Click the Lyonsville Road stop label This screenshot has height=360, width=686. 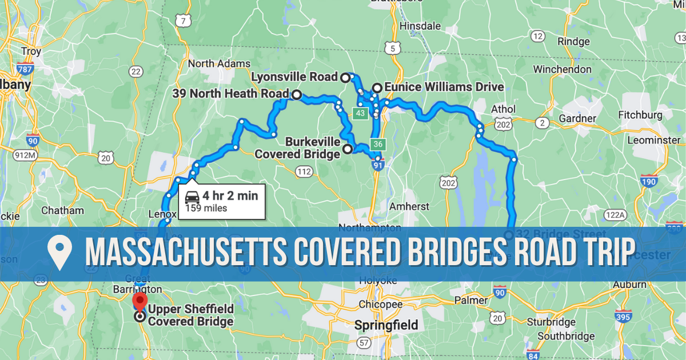click(294, 77)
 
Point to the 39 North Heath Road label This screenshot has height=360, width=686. click(230, 94)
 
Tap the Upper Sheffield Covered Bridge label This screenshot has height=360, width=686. click(191, 315)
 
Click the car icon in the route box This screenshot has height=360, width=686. click(193, 196)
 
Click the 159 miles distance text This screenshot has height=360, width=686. click(206, 208)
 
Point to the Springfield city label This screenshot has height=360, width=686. click(386, 326)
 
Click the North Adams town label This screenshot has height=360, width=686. click(219, 63)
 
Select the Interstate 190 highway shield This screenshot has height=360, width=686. click(649, 181)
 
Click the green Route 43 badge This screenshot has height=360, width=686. click(360, 114)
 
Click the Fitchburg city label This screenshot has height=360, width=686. click(640, 115)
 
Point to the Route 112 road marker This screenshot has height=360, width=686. click(304, 171)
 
